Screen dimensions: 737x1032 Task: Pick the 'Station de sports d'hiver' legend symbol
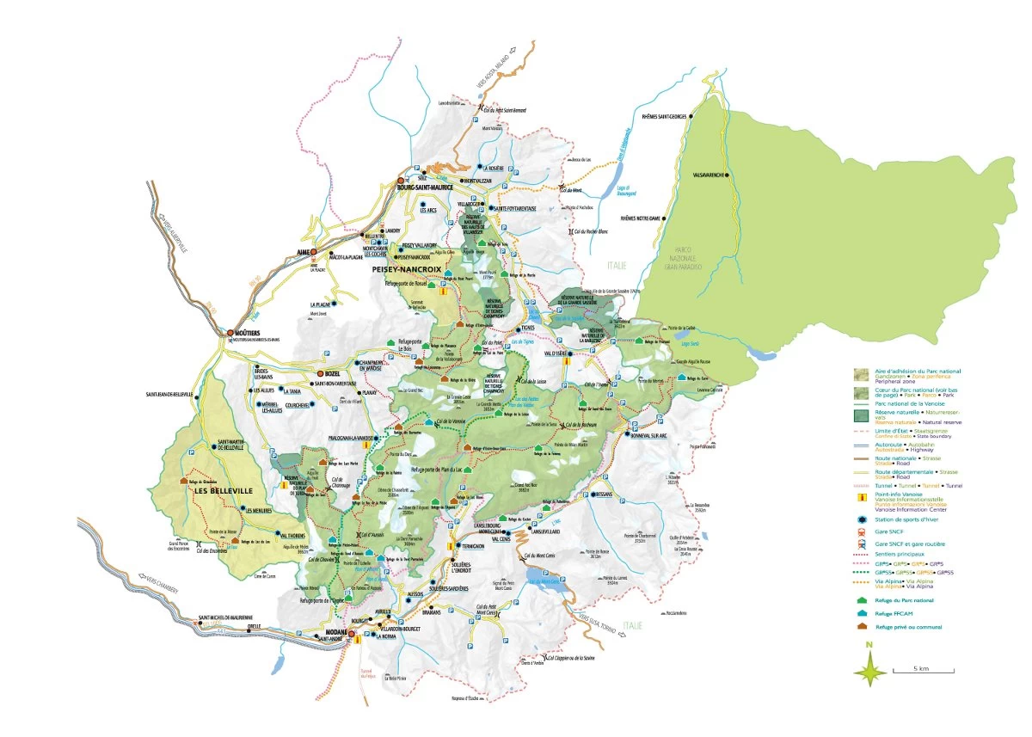point(861,519)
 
